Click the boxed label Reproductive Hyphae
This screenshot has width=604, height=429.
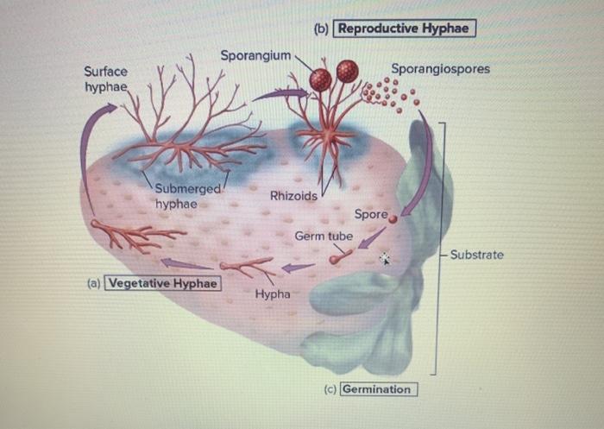click(x=405, y=28)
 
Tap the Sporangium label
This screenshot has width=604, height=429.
click(x=255, y=55)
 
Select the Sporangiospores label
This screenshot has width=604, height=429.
click(x=440, y=68)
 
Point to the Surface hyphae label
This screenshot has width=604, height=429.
click(x=105, y=79)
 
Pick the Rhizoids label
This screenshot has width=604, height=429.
click(x=293, y=196)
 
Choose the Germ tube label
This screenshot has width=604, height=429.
click(x=324, y=236)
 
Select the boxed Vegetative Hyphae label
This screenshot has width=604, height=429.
click(x=161, y=283)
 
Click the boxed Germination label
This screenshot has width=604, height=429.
click(x=377, y=388)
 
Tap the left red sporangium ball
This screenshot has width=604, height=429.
click(x=321, y=79)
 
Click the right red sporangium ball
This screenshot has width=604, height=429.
click(x=348, y=72)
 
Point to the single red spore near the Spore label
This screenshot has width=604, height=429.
click(x=393, y=220)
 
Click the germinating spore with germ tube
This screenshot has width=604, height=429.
click(x=336, y=258)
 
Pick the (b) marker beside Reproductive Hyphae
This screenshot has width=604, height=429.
click(x=322, y=28)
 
